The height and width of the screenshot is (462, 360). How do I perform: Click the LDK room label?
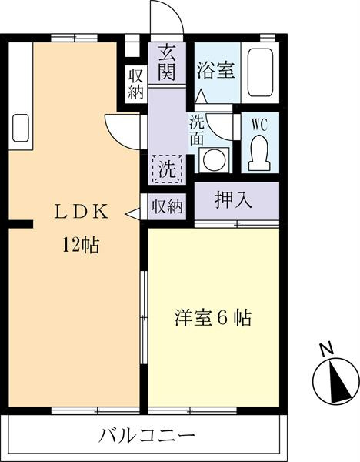82,212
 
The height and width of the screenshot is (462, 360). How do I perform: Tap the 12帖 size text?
81,245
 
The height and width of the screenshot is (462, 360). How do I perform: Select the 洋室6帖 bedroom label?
213,318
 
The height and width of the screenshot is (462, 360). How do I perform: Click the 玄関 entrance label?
167,63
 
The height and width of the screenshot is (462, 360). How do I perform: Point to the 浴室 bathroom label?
215,70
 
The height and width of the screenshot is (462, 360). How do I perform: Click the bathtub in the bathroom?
260,72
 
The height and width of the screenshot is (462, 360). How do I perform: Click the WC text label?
259,125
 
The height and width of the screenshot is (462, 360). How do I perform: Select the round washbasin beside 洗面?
215,160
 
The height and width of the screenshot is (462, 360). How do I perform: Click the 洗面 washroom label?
196,130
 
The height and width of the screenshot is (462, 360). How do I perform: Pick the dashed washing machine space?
167,169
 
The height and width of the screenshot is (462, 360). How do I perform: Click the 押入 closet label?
233,200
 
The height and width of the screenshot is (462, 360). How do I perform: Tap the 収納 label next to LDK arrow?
167,206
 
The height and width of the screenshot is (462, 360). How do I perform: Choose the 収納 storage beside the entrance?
135,84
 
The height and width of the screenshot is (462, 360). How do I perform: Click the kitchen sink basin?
21,128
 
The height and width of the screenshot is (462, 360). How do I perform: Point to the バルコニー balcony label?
146,437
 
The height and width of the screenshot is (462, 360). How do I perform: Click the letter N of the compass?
327,349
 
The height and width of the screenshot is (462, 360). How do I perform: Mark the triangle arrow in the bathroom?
202,96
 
